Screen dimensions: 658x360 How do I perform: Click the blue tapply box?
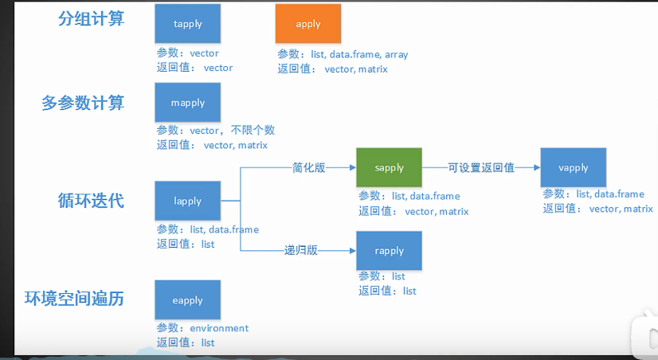click(187, 24)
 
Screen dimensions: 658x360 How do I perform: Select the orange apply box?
click(308, 24)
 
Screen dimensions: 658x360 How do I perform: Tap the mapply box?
click(187, 103)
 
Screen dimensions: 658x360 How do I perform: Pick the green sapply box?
click(389, 167)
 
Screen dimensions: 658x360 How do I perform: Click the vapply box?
click(574, 167)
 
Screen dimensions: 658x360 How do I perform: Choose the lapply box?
click(187, 201)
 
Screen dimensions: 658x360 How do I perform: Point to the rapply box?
click(389, 251)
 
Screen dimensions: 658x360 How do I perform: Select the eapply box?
click(187, 300)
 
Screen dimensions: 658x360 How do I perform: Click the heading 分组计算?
click(91, 18)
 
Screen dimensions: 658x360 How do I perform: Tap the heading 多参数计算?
click(83, 103)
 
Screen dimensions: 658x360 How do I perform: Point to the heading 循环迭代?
click(91, 201)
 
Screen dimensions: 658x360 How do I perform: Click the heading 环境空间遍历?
click(74, 299)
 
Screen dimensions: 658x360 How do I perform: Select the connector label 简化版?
click(309, 168)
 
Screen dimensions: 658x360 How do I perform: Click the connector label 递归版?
click(301, 251)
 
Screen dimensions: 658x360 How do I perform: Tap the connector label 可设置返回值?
click(481, 168)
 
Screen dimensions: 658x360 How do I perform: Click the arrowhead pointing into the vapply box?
click(537, 167)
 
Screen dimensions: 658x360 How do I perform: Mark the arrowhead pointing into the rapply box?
click(353, 251)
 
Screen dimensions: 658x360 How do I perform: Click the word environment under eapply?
click(219, 328)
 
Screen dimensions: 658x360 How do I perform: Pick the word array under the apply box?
click(396, 54)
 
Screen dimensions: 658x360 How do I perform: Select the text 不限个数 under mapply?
click(253, 130)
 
